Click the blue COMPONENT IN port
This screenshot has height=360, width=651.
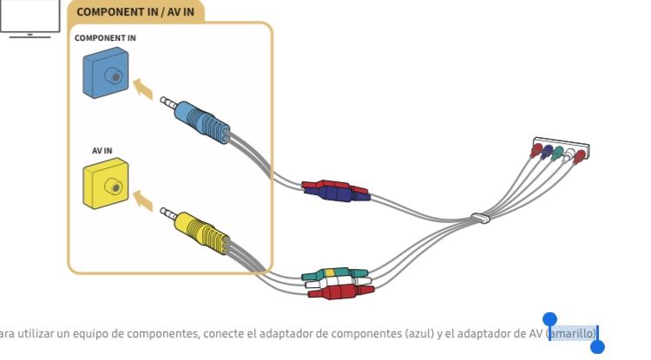[x=106, y=74]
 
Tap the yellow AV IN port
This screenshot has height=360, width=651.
[x=106, y=184]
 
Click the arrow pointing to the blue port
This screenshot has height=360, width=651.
[x=147, y=88]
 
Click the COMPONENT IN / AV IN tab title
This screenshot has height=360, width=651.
[x=135, y=12]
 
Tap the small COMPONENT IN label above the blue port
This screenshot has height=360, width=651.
[x=105, y=38]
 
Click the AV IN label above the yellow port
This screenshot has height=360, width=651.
[x=102, y=150]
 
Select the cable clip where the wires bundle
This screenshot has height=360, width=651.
[x=480, y=217]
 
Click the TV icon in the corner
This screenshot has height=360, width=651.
[x=30, y=19]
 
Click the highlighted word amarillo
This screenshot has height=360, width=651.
[x=572, y=333]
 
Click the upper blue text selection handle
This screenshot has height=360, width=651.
[x=549, y=320]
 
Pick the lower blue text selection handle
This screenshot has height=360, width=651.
[x=597, y=347]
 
